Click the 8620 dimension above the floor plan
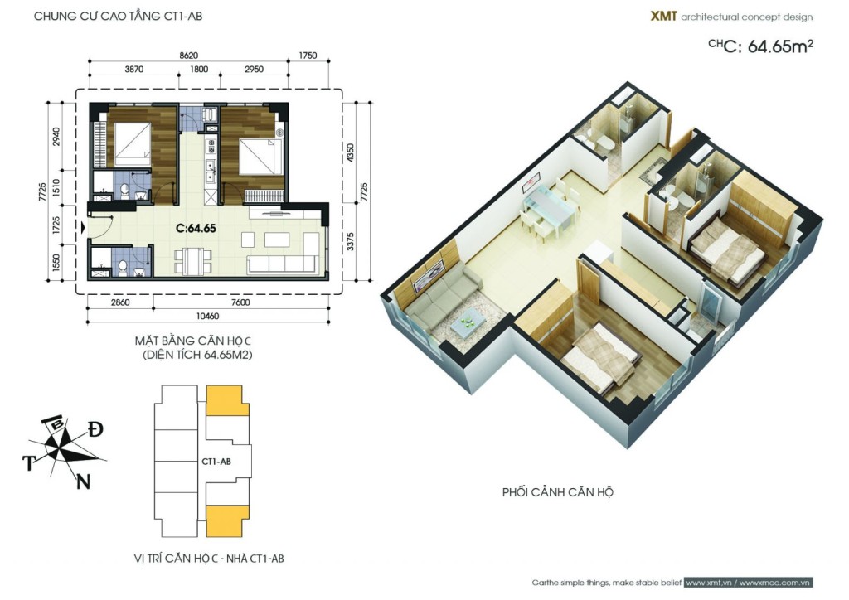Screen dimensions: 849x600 point(189,56)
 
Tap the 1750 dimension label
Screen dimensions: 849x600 point(308,56)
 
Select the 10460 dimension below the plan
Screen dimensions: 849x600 point(208,316)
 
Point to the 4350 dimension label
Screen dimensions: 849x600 point(351,153)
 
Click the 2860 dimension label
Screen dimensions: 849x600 point(120,302)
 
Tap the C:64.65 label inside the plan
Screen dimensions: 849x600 point(196,228)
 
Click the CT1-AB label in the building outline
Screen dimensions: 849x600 point(216,462)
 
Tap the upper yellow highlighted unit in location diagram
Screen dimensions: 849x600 point(227,400)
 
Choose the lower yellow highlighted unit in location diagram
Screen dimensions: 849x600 point(227,520)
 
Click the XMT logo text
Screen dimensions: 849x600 point(663,17)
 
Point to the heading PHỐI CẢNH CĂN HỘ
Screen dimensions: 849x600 point(558,492)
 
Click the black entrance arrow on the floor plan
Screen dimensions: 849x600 point(82,228)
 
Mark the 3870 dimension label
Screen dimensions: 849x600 point(134,70)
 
